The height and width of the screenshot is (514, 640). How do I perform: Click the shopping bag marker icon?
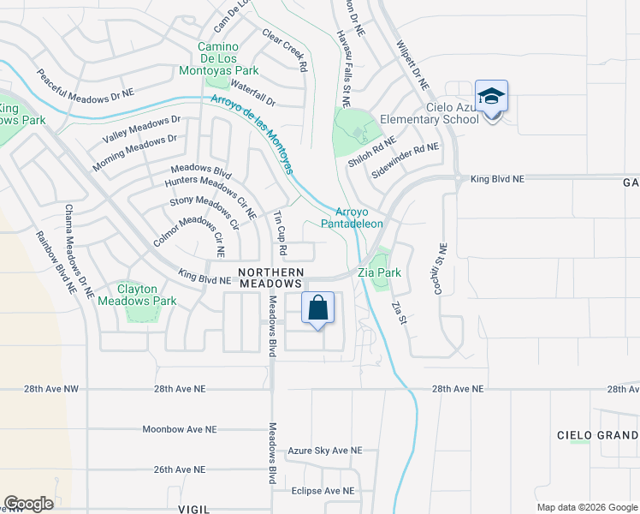pos(317,308)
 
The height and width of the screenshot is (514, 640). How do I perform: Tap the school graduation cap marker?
pos(492,97)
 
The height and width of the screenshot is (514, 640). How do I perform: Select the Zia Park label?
pos(380,273)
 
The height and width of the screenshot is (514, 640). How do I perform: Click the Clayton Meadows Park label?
pos(137,295)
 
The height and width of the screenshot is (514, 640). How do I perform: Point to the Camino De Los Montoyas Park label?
pos(228,57)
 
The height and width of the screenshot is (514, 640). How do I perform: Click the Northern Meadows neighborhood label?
pos(270,277)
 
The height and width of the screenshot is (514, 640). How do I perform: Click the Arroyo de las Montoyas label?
pos(254,134)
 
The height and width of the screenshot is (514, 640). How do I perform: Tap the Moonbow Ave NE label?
pos(180,429)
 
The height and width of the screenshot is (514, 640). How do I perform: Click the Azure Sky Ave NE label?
pos(325,451)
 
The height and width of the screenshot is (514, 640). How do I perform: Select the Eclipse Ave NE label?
pos(323,491)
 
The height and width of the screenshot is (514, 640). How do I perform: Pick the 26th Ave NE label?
pos(180,470)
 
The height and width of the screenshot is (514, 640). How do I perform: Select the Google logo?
pos(28,504)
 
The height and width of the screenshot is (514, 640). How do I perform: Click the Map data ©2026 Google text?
pos(586,507)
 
